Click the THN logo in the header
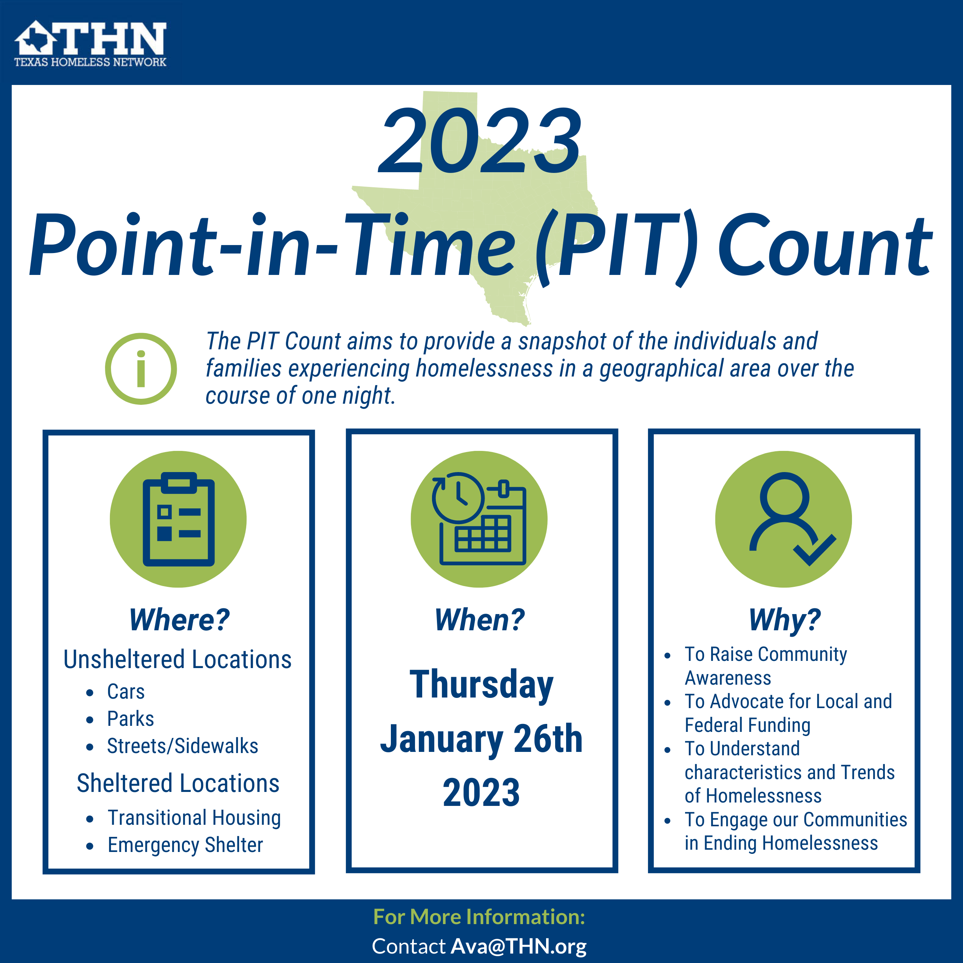[90, 44]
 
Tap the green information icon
[141, 369]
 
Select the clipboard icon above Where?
[179, 519]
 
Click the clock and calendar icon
[479, 519]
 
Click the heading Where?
[179, 620]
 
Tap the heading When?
[480, 620]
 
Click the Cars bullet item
[126, 691]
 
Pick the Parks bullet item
[131, 719]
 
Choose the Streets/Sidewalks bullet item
[182, 746]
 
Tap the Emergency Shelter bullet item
[185, 846]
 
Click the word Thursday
[481, 686]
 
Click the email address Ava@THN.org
[519, 946]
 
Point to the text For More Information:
[479, 917]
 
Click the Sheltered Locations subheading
[178, 784]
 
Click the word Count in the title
[825, 246]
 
